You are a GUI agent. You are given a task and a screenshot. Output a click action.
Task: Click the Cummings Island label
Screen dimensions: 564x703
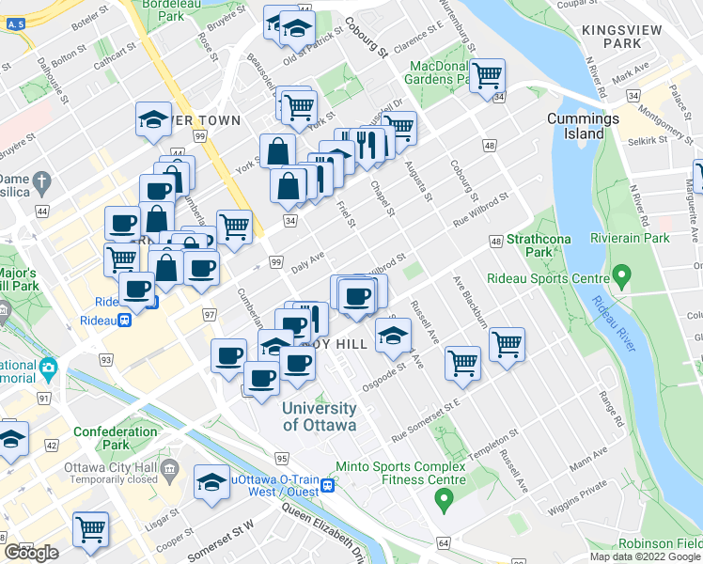[x=584, y=126]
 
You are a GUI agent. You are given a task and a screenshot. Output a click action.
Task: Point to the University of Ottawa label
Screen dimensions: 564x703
[x=320, y=416]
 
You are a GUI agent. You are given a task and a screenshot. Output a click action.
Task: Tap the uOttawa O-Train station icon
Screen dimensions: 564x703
[x=326, y=485]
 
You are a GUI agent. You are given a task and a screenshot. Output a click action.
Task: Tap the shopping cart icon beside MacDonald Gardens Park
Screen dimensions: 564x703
[x=486, y=74]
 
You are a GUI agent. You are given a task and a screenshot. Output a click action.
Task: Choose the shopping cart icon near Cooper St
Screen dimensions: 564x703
[x=91, y=529]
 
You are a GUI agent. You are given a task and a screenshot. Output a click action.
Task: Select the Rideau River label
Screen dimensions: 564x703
[x=611, y=320]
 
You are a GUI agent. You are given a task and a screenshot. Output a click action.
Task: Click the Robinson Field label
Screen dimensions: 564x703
[x=659, y=544]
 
